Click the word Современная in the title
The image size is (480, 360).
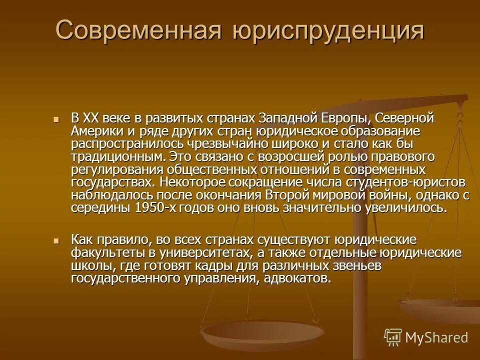[139, 30]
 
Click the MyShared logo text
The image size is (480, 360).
[436, 337]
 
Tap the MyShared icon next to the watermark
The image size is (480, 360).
[393, 337]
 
